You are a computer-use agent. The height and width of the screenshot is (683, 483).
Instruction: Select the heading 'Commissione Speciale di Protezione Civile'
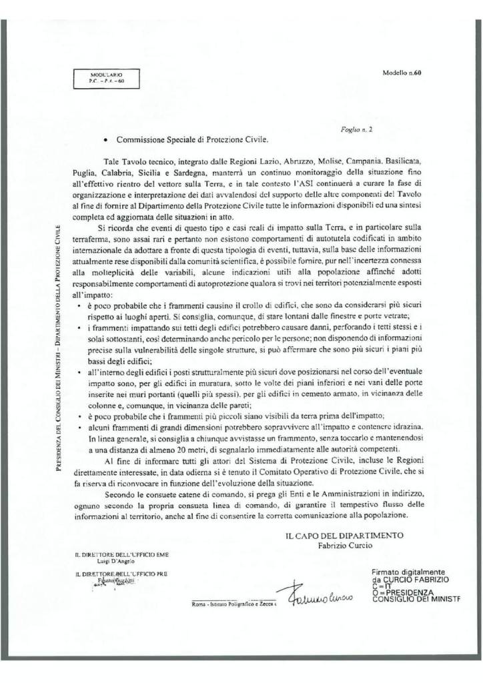tap(191, 141)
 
